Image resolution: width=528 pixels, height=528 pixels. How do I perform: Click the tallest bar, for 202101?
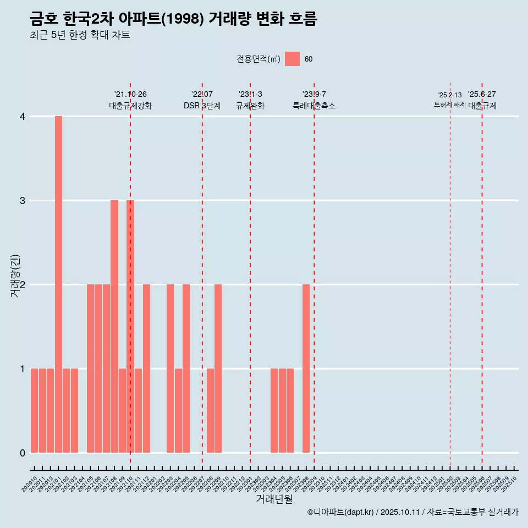(58, 284)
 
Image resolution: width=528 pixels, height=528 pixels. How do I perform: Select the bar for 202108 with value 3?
(114, 326)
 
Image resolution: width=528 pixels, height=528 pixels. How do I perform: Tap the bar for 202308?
(306, 369)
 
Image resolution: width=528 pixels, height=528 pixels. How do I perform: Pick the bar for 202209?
(218, 369)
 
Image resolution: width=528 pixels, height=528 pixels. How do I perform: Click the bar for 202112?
(146, 369)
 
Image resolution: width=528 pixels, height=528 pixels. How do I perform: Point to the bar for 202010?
(34, 410)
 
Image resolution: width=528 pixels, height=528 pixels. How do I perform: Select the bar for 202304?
(274, 410)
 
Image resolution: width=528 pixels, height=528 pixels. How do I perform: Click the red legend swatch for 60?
(292, 59)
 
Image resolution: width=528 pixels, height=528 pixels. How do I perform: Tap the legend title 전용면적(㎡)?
(258, 59)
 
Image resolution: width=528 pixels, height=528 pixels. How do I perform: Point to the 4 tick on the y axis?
(23, 117)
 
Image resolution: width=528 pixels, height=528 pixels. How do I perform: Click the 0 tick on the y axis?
(23, 453)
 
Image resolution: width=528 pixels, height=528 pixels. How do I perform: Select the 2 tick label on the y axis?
(23, 285)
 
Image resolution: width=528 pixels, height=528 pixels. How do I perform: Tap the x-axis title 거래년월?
(274, 499)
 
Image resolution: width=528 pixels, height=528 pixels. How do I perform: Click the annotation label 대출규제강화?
(130, 106)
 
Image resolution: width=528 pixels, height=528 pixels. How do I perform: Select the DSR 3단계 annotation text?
(202, 106)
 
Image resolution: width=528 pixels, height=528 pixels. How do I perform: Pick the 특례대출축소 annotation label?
(313, 106)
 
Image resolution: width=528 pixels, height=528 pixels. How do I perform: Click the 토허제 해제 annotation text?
(449, 105)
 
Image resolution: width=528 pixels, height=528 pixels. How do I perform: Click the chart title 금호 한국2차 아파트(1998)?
(173, 19)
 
